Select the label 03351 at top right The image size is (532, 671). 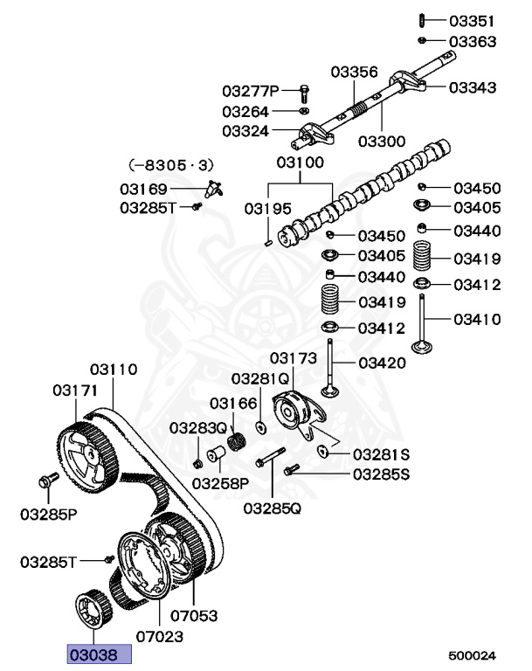coord(472,20)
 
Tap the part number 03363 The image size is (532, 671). coord(472,41)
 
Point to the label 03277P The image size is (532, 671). coord(250,90)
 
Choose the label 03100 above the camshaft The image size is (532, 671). coord(301,163)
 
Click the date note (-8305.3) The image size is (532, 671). coord(170,164)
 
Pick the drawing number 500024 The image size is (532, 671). coord(472,654)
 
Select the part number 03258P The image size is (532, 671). coord(221,482)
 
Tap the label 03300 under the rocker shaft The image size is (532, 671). coord(383,141)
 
